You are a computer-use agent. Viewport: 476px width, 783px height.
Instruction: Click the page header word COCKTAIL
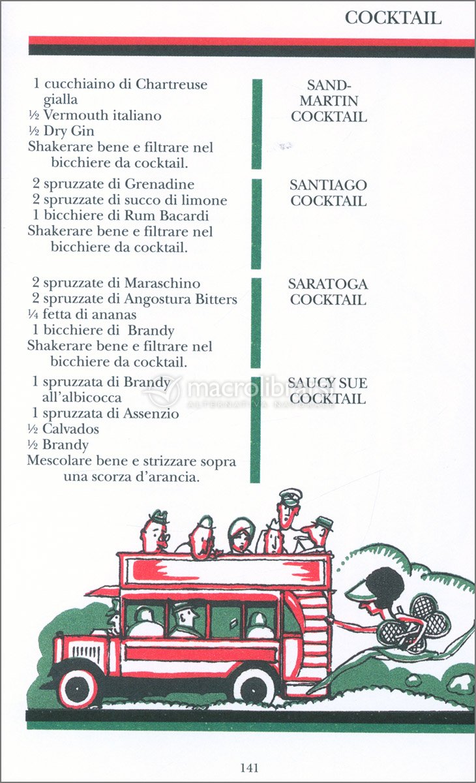(393, 18)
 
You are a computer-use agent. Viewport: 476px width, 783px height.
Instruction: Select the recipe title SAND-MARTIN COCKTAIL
(329, 101)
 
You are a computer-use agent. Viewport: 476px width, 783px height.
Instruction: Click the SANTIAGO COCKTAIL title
(328, 193)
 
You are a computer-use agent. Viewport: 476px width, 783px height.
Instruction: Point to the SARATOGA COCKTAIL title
(328, 292)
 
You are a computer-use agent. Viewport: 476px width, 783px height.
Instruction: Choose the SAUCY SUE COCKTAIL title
(327, 391)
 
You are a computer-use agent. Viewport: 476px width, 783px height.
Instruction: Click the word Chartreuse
(171, 84)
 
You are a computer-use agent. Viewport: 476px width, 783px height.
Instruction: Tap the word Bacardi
(184, 215)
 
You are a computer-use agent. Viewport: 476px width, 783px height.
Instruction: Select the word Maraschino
(162, 283)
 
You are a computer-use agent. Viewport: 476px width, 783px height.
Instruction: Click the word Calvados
(70, 429)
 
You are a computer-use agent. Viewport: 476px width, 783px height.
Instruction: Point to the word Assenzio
(151, 414)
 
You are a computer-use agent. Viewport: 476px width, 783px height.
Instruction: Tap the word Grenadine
(159, 184)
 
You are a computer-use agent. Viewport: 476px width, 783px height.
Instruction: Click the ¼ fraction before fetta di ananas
(33, 315)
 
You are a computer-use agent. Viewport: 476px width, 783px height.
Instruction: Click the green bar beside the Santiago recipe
(256, 224)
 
